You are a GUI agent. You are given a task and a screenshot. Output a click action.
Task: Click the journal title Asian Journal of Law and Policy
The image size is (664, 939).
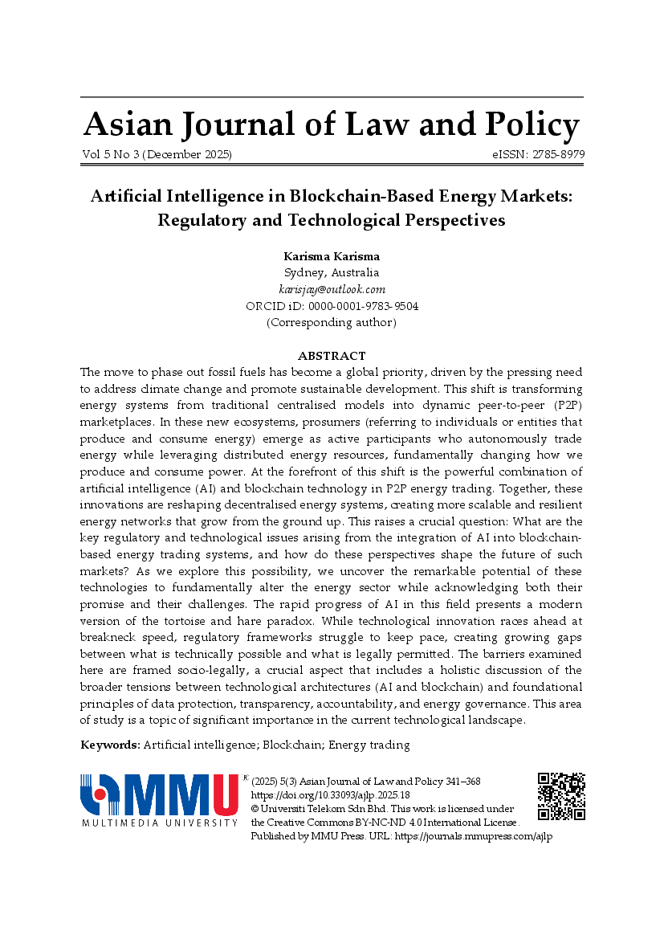(x=331, y=125)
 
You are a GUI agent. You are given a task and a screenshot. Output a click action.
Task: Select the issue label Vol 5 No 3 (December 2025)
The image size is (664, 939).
(x=157, y=154)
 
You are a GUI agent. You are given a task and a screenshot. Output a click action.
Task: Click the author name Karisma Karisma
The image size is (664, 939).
(x=332, y=256)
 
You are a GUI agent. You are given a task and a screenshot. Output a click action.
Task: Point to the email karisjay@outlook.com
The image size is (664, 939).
(x=332, y=289)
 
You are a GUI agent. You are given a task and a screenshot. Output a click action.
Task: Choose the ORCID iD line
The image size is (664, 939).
(x=332, y=306)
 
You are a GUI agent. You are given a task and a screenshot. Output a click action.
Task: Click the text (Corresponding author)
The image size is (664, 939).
(x=332, y=322)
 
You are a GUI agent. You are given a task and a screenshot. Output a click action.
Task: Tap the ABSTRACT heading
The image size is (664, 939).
(x=332, y=356)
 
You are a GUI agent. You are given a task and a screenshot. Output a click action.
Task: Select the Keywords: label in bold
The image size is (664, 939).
(x=110, y=745)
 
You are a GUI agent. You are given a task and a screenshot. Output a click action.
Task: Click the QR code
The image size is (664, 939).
(x=561, y=796)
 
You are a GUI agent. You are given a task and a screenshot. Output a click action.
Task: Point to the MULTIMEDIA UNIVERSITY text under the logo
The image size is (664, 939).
(x=160, y=823)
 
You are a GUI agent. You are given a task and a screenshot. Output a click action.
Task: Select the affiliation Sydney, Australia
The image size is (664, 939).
(x=332, y=272)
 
